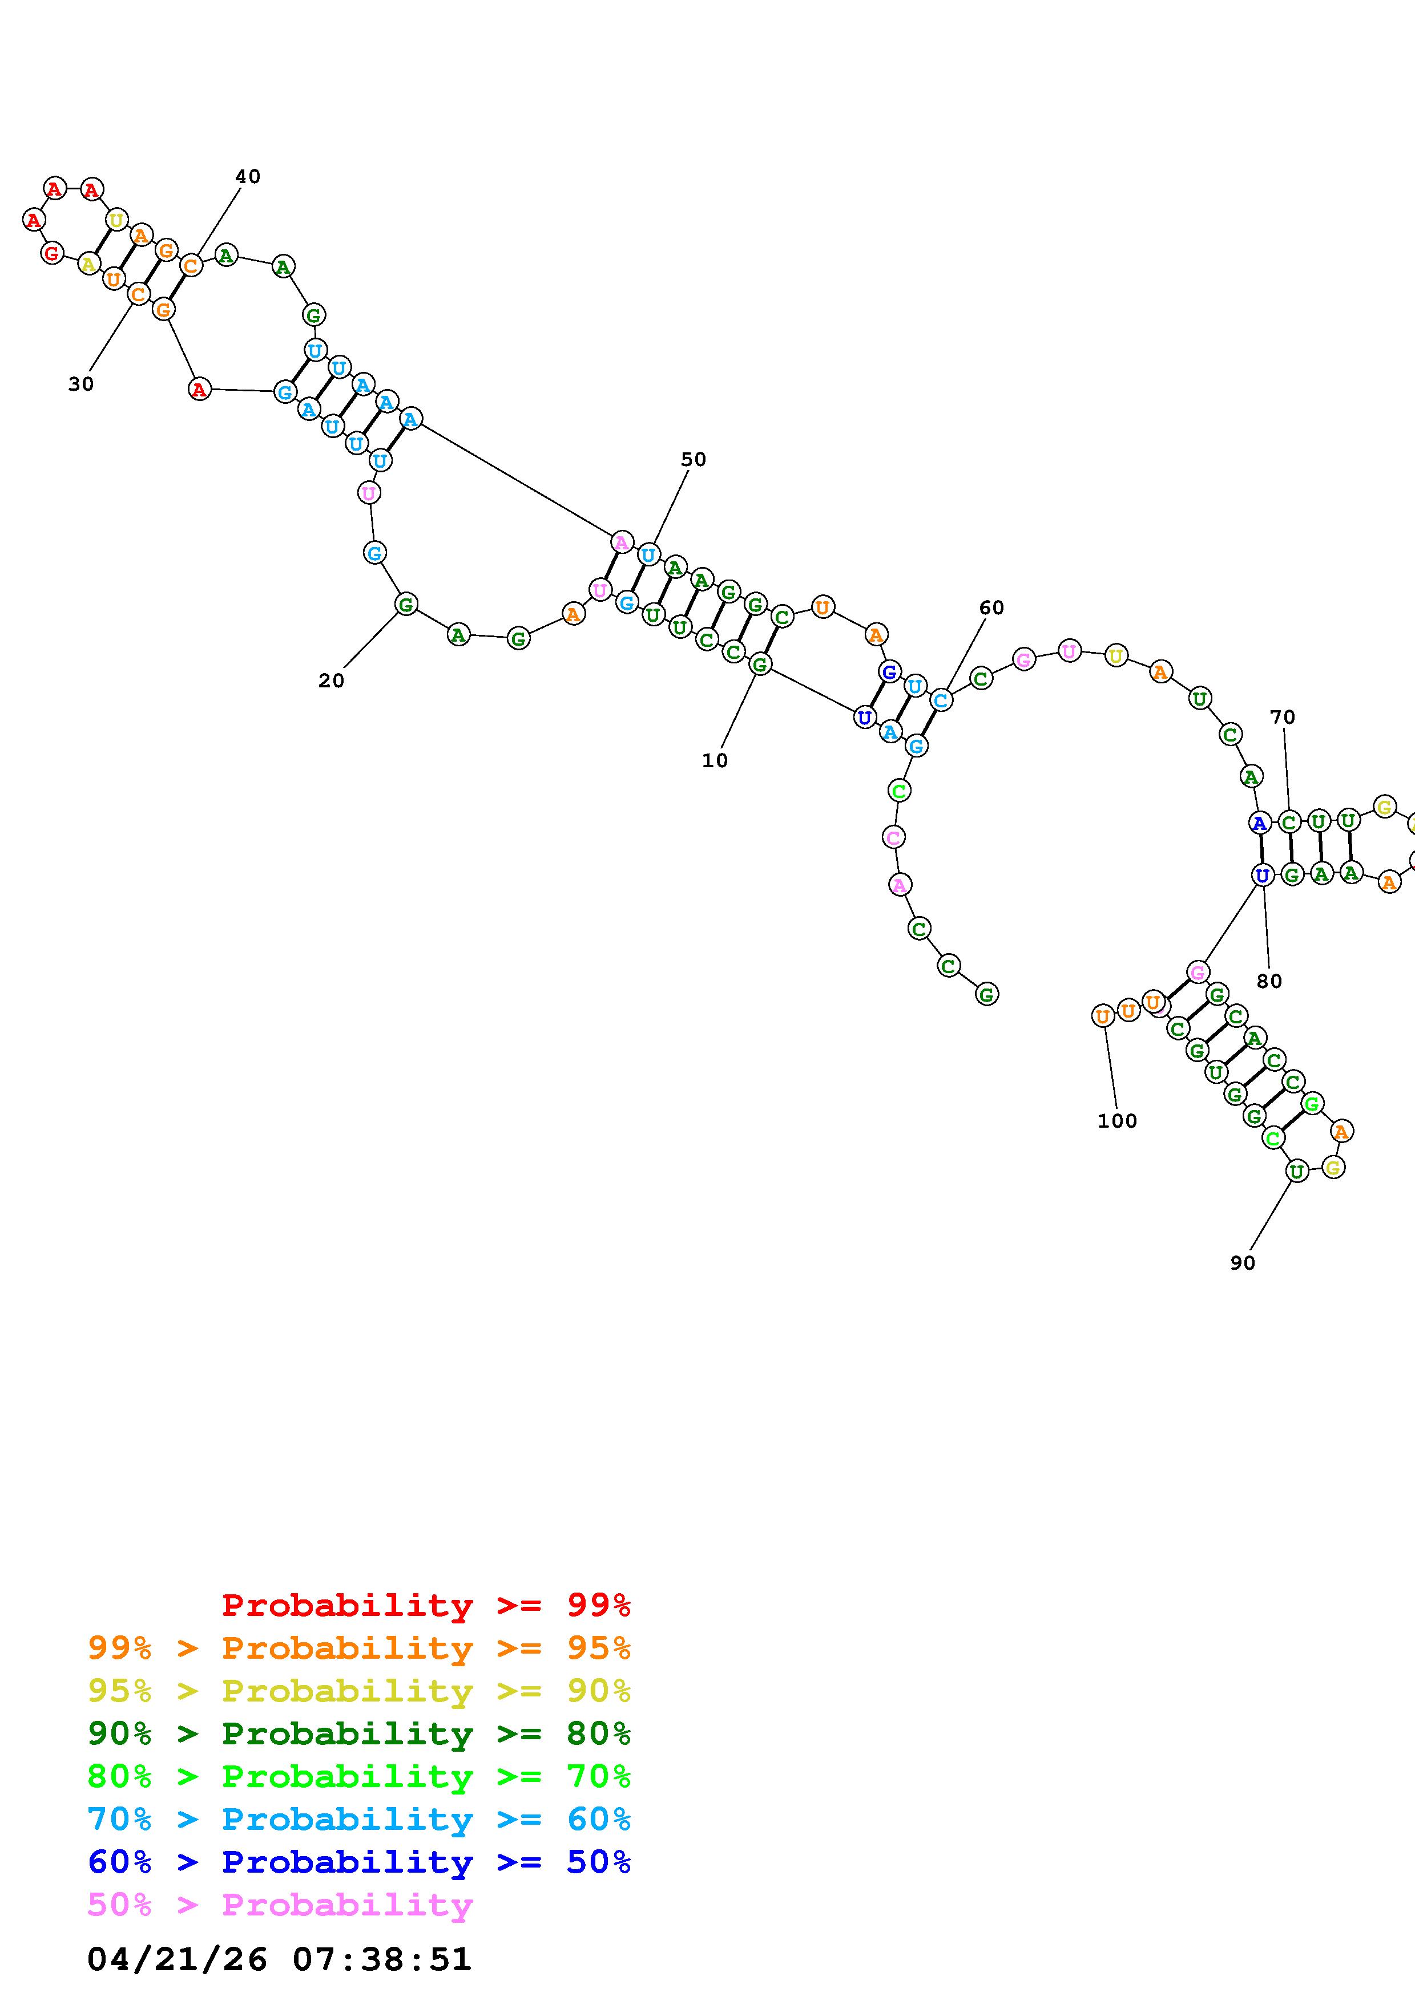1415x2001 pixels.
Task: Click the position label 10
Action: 714,760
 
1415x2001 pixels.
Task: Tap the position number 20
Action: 330,680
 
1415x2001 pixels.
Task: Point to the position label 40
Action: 248,176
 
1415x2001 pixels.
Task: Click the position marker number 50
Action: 693,459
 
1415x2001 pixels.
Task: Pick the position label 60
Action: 991,607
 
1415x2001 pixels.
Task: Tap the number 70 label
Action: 1281,717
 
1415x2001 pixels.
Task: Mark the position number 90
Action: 1243,1263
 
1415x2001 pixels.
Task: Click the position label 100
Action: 1117,1121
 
